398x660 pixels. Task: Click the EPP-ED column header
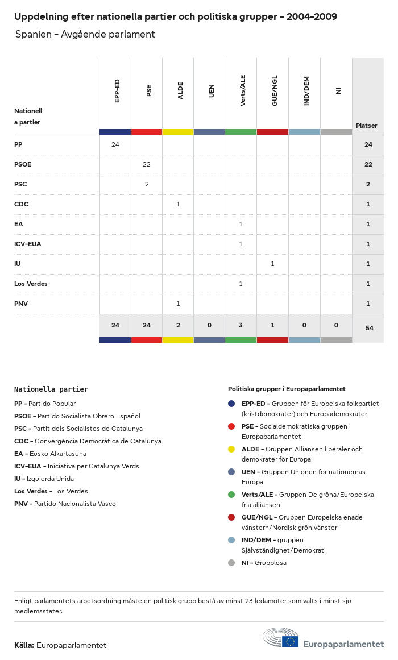(117, 91)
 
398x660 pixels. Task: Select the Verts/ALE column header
(243, 90)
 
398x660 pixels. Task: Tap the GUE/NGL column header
(275, 90)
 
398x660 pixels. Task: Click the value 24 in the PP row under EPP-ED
(115, 144)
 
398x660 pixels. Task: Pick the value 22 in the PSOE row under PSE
(147, 164)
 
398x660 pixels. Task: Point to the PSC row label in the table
(20, 184)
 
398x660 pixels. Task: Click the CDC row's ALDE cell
(178, 204)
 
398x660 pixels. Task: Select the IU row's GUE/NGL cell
(272, 264)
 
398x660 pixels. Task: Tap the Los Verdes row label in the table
(31, 284)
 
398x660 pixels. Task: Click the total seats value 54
(368, 328)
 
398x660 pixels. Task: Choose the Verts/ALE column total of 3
(241, 325)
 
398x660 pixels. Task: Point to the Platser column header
(367, 126)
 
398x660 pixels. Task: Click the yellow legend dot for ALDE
(231, 449)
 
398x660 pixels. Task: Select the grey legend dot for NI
(231, 563)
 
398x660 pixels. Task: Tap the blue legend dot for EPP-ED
(231, 404)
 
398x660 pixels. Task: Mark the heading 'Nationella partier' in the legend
(51, 389)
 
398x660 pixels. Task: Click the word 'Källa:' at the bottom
(24, 645)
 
